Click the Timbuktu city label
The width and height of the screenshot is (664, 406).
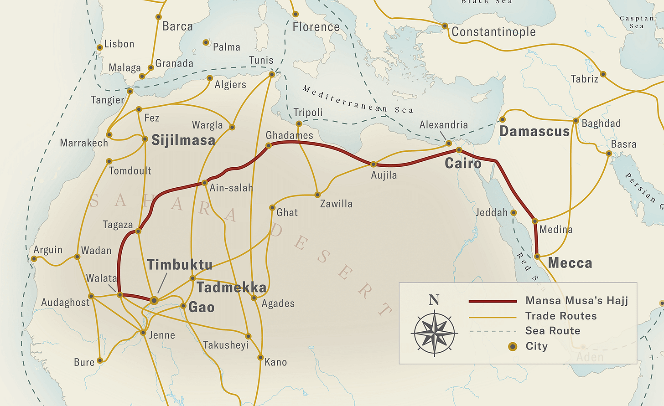pyautogui.click(x=179, y=265)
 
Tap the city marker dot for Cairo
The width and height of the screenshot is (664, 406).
pyautogui.click(x=459, y=150)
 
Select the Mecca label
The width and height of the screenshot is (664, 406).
pyautogui.click(x=570, y=263)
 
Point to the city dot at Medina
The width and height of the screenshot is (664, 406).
pyautogui.click(x=535, y=221)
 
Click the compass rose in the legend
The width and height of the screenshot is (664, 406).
pyautogui.click(x=435, y=333)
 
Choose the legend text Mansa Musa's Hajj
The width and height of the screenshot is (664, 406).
pyautogui.click(x=576, y=300)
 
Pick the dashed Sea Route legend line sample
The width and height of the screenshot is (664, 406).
pyautogui.click(x=493, y=331)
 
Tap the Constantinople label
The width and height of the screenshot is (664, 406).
pyautogui.click(x=493, y=32)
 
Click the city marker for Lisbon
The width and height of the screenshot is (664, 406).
pyautogui.click(x=99, y=47)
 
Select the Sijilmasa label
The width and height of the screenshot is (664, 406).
pyautogui.click(x=183, y=140)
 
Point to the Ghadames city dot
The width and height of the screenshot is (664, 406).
pyautogui.click(x=269, y=146)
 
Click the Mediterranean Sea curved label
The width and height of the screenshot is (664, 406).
pyautogui.click(x=358, y=100)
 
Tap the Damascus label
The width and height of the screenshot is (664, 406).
pyautogui.click(x=534, y=132)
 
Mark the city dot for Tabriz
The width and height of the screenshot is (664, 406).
pyautogui.click(x=603, y=74)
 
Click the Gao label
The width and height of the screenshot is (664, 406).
pyautogui.click(x=201, y=307)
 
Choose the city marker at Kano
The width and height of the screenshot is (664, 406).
pyautogui.click(x=260, y=357)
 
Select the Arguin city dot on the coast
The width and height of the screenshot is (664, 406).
pyautogui.click(x=34, y=259)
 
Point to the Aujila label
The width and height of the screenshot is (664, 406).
pyautogui.click(x=384, y=175)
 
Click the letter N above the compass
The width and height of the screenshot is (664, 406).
pyautogui.click(x=434, y=300)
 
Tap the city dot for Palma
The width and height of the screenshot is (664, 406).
pyautogui.click(x=206, y=42)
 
